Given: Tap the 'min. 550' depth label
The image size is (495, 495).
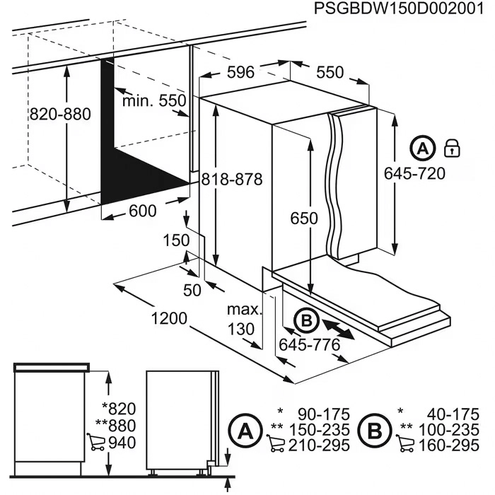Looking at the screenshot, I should pos(154,101).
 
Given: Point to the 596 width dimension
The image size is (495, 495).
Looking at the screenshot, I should pos(240,72).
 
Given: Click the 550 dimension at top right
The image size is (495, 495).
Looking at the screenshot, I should pos(329,72).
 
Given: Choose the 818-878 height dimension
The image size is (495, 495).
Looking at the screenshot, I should pos(231,180).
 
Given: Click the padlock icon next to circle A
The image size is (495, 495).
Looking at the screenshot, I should pos(451,148).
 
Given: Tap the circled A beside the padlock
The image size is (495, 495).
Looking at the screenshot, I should pos(422,148).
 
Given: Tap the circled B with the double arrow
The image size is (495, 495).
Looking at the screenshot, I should pos(305,322).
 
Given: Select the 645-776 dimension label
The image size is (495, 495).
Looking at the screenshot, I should pos(310,345).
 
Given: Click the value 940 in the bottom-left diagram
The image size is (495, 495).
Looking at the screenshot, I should pos(120,443).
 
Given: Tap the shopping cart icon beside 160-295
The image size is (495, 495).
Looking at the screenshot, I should pos(405,445).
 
